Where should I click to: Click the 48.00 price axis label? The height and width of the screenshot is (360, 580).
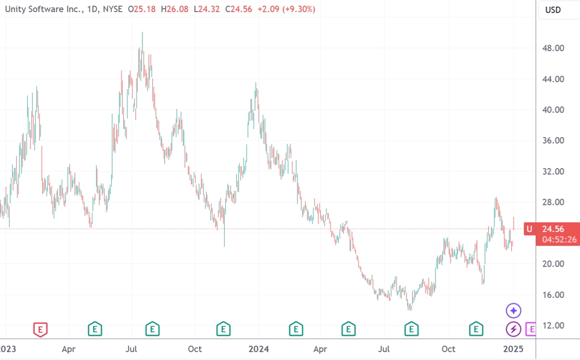(555, 48)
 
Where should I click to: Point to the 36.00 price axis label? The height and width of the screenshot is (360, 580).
(555, 141)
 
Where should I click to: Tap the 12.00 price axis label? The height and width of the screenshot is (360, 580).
(555, 326)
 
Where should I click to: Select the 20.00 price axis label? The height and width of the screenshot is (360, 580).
(555, 264)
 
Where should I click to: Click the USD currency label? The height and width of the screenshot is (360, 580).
(553, 10)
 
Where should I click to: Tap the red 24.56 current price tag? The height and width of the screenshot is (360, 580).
(555, 228)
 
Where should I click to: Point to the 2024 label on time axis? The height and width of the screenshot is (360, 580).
(259, 349)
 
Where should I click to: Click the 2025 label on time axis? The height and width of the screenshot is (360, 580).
(513, 349)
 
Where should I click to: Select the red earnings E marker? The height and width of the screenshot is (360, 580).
(40, 329)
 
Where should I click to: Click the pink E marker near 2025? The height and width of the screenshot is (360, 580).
(531, 329)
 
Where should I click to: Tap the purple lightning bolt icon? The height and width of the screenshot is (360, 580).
(513, 329)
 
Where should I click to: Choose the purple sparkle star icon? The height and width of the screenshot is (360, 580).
(513, 311)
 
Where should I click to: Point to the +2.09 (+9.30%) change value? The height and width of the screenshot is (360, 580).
(286, 10)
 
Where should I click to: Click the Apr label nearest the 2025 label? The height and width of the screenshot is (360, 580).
(320, 349)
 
